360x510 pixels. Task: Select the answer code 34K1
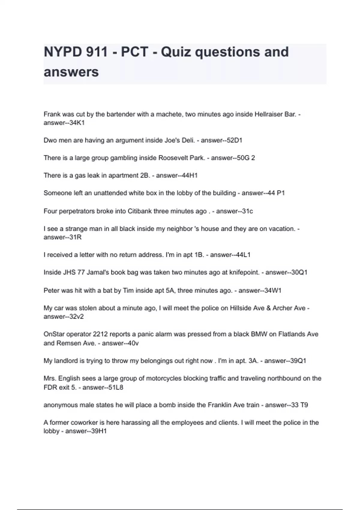click(x=77, y=123)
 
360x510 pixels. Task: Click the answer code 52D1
click(x=234, y=140)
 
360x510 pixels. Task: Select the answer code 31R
click(x=75, y=237)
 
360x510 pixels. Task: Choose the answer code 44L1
click(x=243, y=255)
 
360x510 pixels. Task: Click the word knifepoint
click(x=244, y=272)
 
